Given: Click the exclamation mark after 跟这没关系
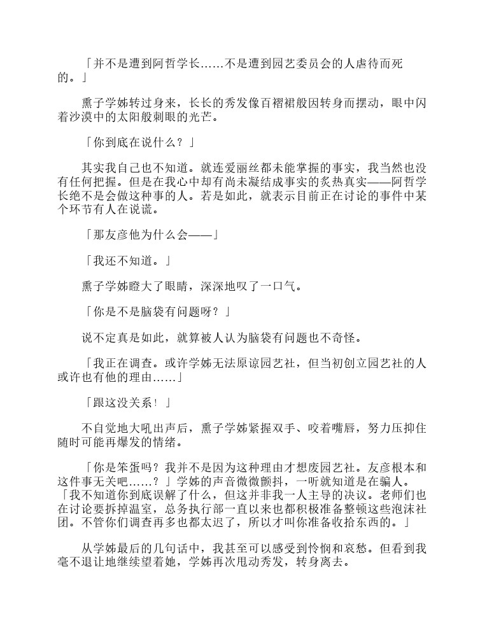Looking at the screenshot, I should [x=153, y=402].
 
